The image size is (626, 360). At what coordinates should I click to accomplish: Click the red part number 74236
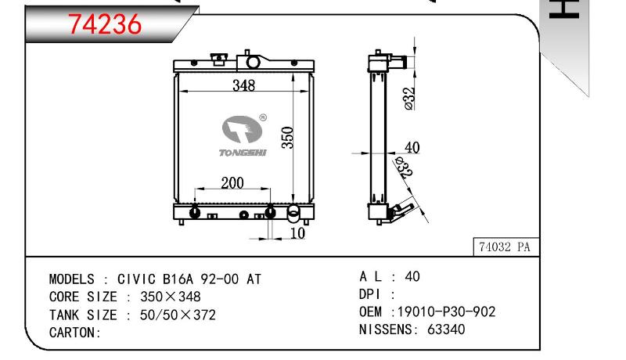[x=105, y=24]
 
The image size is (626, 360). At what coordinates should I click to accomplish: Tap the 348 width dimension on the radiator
[x=243, y=85]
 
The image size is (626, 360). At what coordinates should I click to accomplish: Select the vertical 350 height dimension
[x=287, y=138]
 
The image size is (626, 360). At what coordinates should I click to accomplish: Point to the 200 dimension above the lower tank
[x=232, y=183]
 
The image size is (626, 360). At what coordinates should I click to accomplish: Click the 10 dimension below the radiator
[x=297, y=233]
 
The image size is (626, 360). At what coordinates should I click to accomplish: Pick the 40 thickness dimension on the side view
[x=412, y=147]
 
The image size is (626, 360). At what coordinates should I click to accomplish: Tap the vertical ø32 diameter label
[x=409, y=99]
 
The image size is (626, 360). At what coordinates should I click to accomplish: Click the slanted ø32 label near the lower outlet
[x=403, y=167]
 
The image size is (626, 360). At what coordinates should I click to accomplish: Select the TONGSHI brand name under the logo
[x=243, y=153]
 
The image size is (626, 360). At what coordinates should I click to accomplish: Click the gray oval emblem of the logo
[x=242, y=129]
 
